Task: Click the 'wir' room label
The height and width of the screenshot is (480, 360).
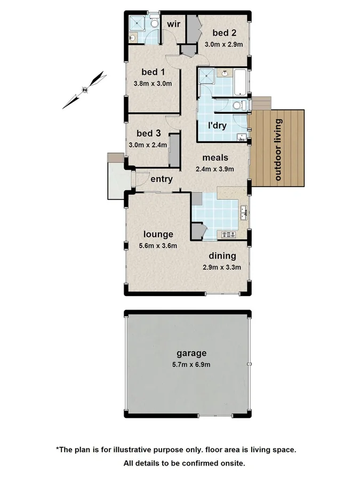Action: tap(173, 24)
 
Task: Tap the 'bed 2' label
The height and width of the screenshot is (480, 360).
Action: tap(224, 34)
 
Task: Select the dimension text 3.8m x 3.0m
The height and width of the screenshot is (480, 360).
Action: tap(153, 83)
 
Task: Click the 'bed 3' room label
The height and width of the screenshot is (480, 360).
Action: tap(148, 133)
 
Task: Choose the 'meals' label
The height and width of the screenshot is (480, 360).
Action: tap(215, 158)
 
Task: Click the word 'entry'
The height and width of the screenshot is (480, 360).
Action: tap(161, 179)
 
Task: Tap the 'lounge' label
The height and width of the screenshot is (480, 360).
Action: tap(158, 234)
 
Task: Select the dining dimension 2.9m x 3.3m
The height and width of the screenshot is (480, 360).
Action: tap(222, 267)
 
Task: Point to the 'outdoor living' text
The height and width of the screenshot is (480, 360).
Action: tap(278, 149)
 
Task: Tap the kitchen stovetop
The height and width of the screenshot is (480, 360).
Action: tap(228, 234)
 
